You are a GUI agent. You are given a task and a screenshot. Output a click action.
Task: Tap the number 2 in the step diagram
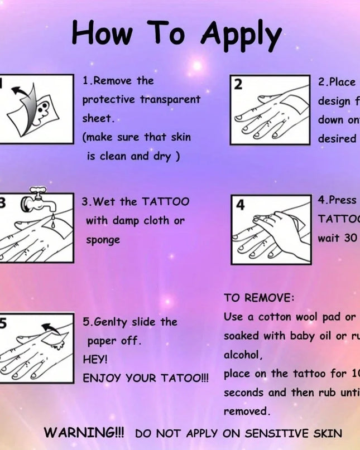238,85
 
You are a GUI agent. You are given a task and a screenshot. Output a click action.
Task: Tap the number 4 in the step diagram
241,205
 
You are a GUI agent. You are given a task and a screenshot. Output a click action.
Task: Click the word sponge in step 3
103,240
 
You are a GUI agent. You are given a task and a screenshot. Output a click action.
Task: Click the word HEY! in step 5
95,360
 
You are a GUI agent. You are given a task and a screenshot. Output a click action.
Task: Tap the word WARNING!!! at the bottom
84,433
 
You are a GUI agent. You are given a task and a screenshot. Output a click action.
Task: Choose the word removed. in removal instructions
247,412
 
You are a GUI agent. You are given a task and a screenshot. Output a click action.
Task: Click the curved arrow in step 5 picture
51,327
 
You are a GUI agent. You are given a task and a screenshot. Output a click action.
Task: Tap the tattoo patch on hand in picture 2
292,105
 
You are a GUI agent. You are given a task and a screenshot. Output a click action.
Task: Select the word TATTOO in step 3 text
165,202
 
